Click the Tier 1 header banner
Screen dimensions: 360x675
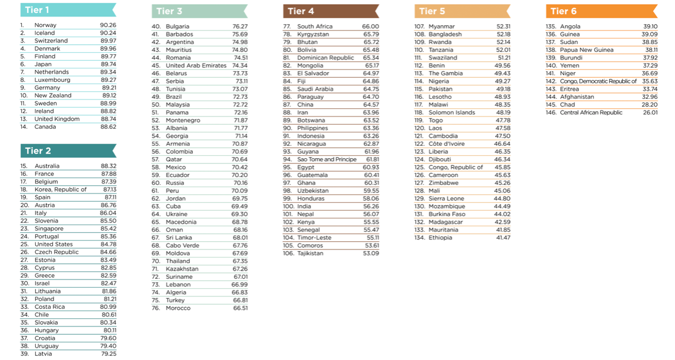(68, 10)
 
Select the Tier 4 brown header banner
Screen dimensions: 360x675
(330, 11)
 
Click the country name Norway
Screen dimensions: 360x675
(45, 25)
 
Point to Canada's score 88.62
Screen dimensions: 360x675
(108, 126)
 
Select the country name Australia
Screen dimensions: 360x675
(46, 166)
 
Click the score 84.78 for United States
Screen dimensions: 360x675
(108, 244)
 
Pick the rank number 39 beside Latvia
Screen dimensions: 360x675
(24, 354)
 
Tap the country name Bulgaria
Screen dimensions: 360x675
(178, 26)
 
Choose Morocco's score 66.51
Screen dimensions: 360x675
(240, 308)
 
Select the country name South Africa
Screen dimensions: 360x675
(315, 26)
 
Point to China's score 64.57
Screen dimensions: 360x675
(371, 105)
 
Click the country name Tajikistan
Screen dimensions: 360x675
(310, 254)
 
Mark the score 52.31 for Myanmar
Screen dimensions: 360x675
(503, 26)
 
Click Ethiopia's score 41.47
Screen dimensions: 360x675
(503, 238)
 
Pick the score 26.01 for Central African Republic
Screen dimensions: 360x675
(650, 112)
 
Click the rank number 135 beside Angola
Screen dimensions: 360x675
(551, 26)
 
